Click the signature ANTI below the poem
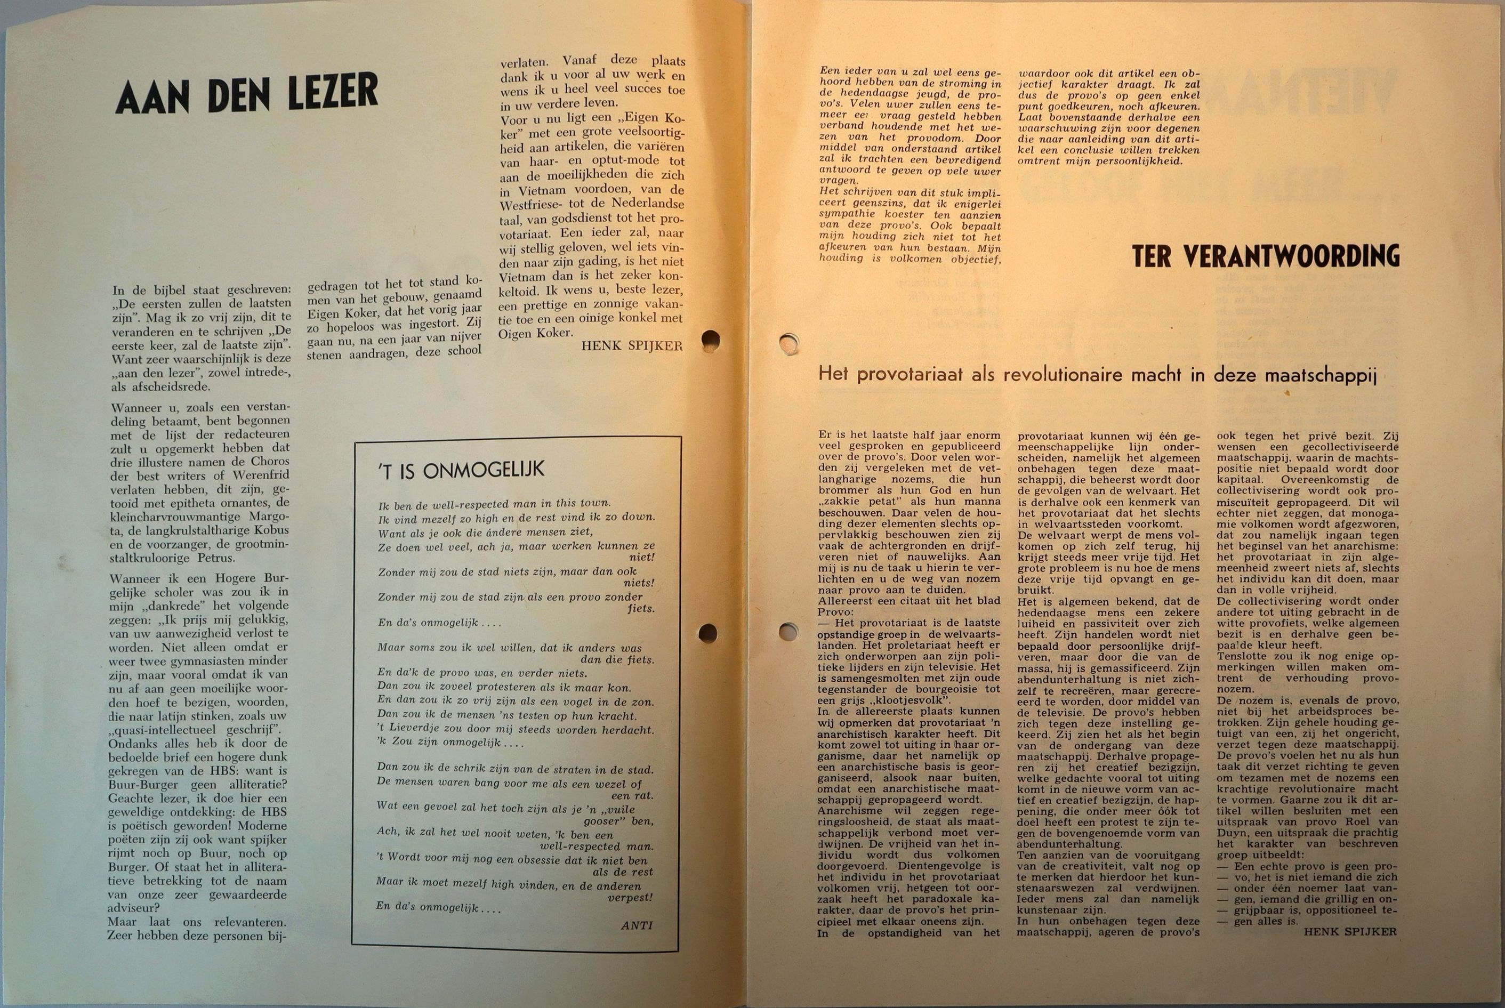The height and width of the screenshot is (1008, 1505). [x=637, y=926]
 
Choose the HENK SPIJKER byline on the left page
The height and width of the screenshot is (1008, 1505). [x=631, y=346]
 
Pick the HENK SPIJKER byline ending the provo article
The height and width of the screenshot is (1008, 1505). [x=1349, y=931]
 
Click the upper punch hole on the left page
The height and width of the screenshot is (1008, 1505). [x=710, y=340]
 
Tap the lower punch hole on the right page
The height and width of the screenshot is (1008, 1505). [x=788, y=631]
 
